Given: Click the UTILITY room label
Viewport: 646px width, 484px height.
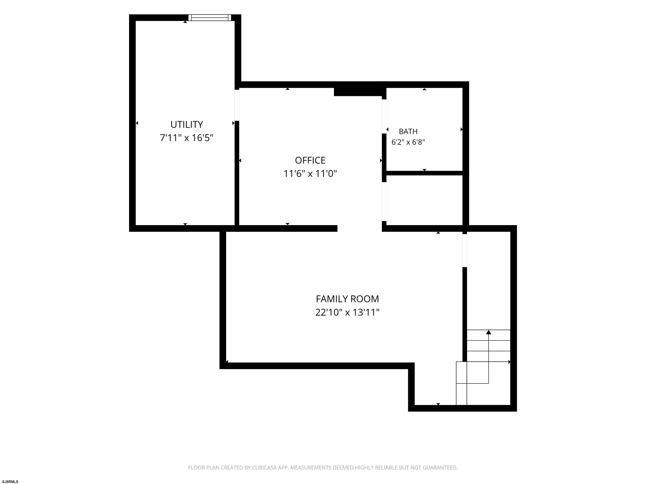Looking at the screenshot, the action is coord(187,125).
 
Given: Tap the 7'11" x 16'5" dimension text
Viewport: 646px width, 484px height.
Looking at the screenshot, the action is coord(187,138).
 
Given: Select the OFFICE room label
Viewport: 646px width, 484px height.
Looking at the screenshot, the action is coord(310,160).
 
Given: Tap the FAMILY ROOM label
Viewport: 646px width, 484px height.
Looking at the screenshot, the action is coord(347,299).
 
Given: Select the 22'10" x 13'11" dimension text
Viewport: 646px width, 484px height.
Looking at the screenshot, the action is coord(347,312).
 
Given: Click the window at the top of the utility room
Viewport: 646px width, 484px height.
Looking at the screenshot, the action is coord(210,17).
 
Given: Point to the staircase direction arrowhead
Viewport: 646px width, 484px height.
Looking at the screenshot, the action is coord(488,332).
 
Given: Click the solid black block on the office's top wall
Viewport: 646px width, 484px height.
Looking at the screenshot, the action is coord(358,92).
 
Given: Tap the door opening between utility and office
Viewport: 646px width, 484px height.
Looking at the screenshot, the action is coord(237,105).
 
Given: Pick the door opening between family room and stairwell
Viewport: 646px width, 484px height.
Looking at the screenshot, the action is coord(465,251).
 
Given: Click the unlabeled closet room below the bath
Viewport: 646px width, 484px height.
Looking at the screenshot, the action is coord(424,200).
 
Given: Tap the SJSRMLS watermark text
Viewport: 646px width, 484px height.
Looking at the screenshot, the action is coord(10,482).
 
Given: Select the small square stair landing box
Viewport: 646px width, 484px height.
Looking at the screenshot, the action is coord(461,372).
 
